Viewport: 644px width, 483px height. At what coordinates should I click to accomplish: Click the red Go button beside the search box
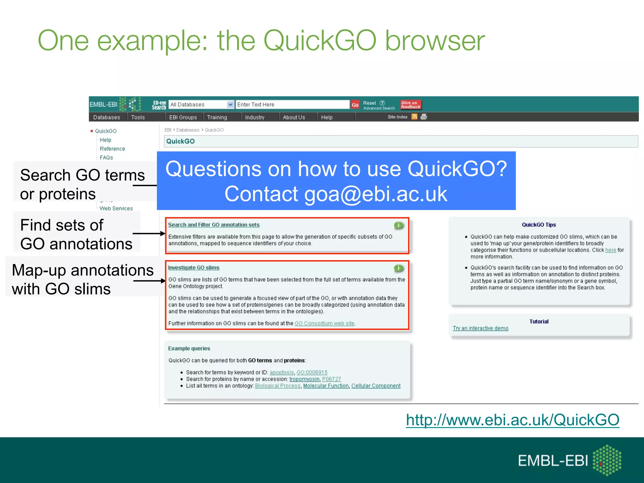355,105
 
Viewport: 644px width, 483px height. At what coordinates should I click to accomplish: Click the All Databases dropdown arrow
230,104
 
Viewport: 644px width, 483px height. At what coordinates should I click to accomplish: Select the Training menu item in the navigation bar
217,117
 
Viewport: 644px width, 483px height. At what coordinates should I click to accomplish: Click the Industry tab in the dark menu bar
254,117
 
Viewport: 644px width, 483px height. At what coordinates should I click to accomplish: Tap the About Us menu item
294,117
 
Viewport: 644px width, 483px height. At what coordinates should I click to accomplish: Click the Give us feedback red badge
410,105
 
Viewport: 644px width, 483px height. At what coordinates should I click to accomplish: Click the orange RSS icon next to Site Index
414,117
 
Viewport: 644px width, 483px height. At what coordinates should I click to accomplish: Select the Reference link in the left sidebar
112,149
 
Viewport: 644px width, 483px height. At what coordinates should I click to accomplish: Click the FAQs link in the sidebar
106,158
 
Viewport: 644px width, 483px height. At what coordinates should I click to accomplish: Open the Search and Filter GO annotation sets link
214,225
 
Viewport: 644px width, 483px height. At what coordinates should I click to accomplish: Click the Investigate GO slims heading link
194,268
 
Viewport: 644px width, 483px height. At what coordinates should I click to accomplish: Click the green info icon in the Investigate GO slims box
398,268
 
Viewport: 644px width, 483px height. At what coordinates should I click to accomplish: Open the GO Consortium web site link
324,323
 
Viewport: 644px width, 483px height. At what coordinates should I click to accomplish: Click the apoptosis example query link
281,372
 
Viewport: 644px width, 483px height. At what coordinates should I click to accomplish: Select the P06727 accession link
331,379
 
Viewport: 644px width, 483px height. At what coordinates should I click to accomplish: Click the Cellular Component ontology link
376,386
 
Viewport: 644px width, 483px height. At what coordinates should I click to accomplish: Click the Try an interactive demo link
480,328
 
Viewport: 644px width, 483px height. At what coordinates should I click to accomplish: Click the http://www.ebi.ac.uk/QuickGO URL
512,420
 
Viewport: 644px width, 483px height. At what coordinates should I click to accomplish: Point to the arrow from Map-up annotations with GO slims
150,281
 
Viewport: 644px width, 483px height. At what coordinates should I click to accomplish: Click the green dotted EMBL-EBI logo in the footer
607,460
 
